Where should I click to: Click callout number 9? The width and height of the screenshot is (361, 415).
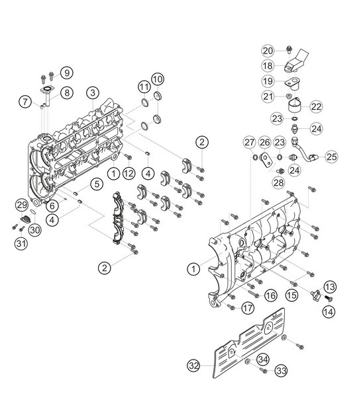66,72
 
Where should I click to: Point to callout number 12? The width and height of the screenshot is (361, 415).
129,173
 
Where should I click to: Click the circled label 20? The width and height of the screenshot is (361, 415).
268,51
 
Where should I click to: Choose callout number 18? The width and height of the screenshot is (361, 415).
268,66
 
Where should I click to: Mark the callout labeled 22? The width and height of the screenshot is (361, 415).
316,106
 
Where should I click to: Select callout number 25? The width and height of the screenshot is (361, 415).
332,157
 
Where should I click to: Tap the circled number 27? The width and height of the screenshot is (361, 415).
249,143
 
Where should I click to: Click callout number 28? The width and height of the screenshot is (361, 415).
278,182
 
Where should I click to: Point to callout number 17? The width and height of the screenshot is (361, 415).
247,307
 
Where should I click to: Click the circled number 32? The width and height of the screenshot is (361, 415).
193,365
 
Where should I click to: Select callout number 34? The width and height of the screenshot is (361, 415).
263,359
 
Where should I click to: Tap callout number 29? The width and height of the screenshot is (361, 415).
21,206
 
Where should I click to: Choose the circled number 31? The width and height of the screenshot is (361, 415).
21,243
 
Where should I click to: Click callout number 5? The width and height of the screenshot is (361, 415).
96,184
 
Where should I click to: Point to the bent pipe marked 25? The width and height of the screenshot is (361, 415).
306,157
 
